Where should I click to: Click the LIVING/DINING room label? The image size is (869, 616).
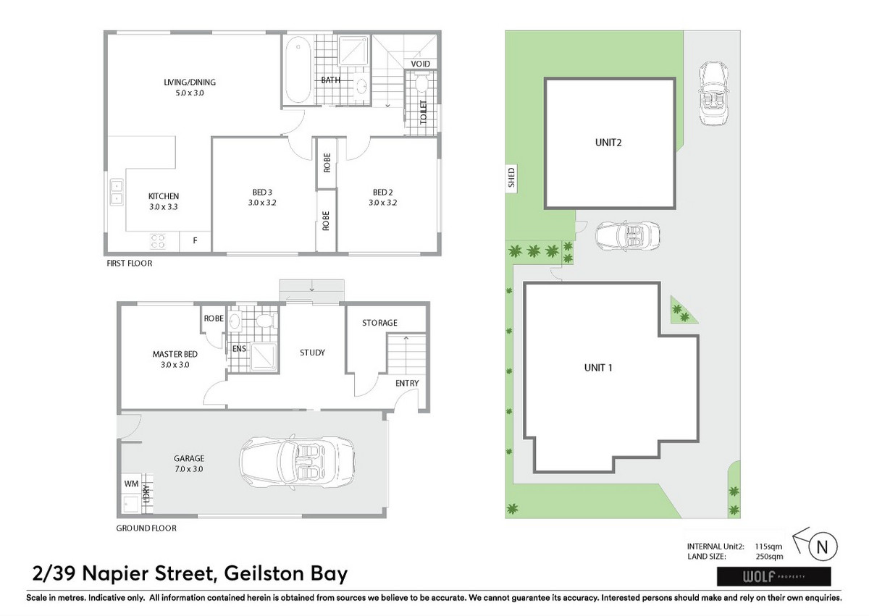189,83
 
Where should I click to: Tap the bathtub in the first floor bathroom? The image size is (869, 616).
298,69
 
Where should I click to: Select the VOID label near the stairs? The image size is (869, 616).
421,64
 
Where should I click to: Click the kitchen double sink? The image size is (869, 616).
117,192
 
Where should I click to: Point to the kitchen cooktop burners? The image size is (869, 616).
158,241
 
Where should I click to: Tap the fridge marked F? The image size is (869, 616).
195,241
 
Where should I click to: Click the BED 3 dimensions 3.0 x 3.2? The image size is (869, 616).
262,203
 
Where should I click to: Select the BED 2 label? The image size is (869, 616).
382,193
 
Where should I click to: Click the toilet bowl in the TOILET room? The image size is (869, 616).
421,83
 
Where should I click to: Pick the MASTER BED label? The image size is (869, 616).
175,354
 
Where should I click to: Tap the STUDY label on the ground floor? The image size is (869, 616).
312,353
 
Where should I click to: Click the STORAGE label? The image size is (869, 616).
379,323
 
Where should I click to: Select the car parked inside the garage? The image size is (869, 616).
297,462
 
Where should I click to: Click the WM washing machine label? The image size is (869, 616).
131,484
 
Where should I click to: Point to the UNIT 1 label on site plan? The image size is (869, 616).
598,368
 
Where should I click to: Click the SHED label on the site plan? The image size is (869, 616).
512,177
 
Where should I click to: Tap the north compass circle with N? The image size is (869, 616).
823,547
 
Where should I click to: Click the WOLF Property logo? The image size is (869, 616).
774,576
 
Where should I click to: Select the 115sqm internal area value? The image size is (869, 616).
768,547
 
